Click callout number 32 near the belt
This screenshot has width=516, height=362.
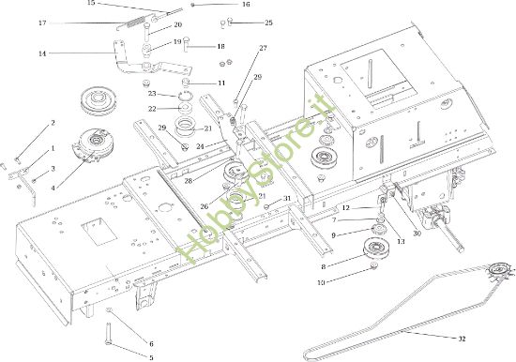462,339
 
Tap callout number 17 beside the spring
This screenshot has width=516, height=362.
42,23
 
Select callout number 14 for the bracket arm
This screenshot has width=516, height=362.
42,53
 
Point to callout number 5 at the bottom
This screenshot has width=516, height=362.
151,357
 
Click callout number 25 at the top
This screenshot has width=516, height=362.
269,23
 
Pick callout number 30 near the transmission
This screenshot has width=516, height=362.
417,234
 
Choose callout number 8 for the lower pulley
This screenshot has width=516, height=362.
323,267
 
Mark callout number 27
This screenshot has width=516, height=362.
264,48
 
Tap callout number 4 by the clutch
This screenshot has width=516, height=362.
53,188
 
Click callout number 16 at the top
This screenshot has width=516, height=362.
246,5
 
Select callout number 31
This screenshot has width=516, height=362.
287,199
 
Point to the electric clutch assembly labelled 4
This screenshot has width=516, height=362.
89,144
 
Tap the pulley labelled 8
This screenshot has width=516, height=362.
376,249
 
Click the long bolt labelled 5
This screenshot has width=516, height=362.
108,333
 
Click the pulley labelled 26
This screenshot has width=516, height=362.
235,172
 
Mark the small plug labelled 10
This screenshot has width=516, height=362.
374,265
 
